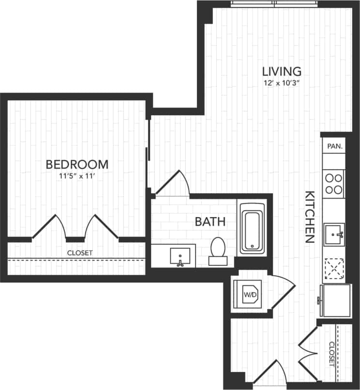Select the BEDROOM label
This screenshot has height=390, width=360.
point(76,165)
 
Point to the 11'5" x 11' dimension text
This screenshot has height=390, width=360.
point(76,177)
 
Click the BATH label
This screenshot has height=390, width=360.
point(210,222)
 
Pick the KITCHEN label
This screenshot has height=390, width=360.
point(310,216)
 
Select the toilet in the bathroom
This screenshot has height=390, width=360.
point(217,250)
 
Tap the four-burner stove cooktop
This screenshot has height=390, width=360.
point(334,183)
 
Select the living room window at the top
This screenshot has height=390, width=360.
point(274,4)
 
